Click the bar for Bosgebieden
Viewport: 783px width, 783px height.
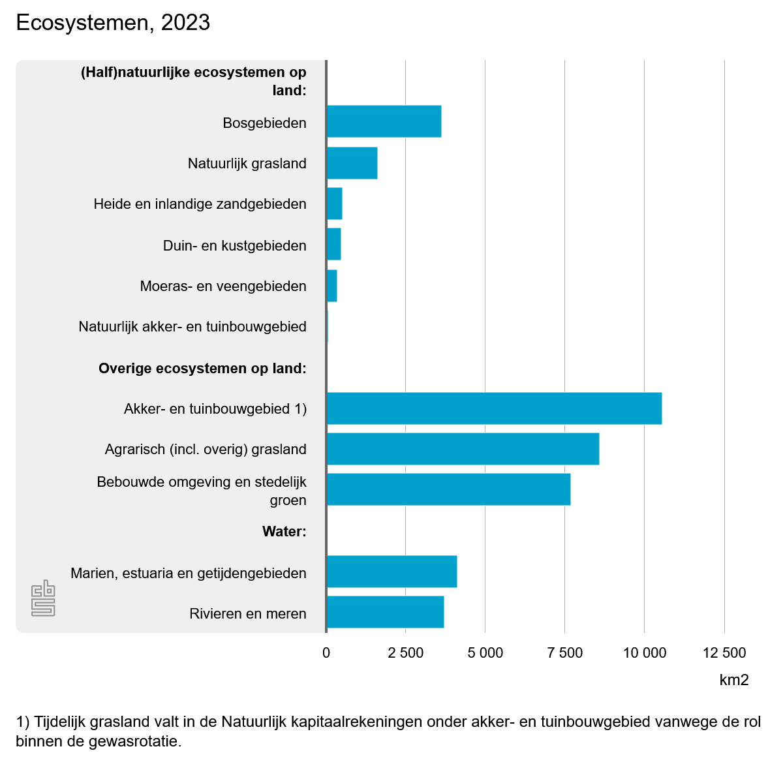(x=384, y=121)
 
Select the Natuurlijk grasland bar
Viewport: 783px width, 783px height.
(x=352, y=163)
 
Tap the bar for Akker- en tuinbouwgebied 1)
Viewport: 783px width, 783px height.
(x=494, y=408)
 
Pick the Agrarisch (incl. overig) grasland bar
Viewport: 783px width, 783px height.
(x=463, y=449)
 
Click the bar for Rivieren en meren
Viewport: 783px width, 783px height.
(x=385, y=612)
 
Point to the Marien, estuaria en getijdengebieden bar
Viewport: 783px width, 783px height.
(x=391, y=572)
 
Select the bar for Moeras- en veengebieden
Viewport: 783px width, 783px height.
(x=332, y=286)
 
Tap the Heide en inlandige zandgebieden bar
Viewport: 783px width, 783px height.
(x=335, y=204)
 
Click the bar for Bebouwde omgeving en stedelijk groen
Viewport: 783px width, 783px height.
(x=448, y=489)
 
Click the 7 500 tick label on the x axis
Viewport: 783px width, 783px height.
(x=565, y=652)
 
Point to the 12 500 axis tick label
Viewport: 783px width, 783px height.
(x=724, y=652)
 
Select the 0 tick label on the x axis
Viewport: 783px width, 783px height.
(x=326, y=652)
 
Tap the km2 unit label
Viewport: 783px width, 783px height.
(x=734, y=680)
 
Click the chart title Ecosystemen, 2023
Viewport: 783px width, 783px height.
(x=113, y=23)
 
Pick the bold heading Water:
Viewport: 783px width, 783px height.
(x=284, y=531)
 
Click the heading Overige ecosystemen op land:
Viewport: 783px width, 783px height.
(x=202, y=368)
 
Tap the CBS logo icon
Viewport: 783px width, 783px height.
(x=43, y=598)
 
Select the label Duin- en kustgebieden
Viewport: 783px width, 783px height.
(x=234, y=245)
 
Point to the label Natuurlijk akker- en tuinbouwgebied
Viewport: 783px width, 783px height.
(x=192, y=326)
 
